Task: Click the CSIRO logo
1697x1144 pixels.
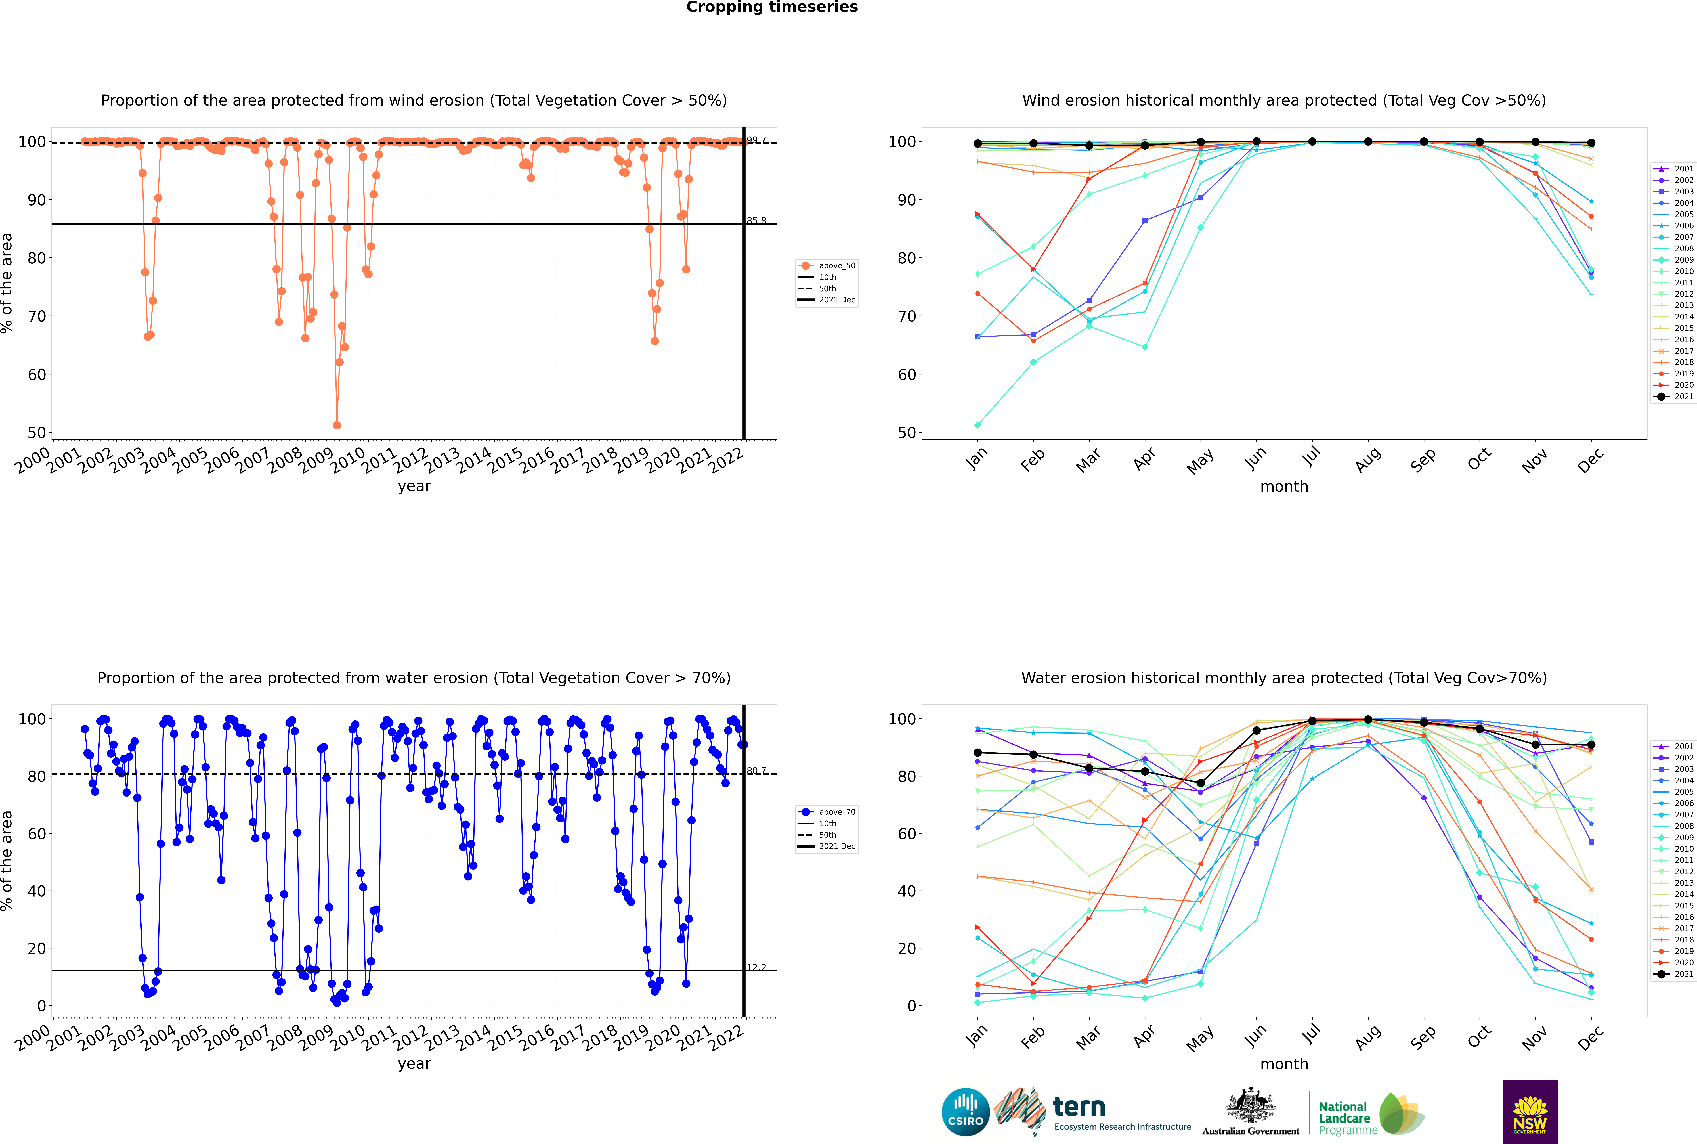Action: click(x=965, y=1112)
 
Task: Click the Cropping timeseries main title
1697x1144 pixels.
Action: click(x=772, y=7)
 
